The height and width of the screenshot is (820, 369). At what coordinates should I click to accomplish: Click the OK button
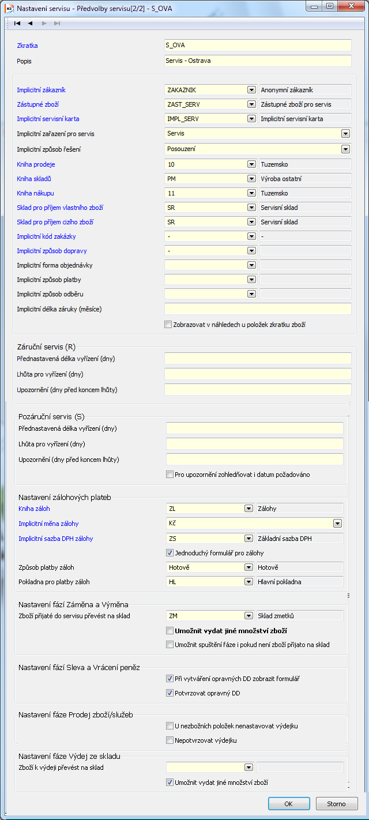pyautogui.click(x=288, y=803)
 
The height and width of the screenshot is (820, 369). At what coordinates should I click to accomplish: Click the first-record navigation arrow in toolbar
pyautogui.click(x=17, y=23)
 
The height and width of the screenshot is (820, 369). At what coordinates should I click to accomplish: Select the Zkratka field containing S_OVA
pyautogui.click(x=258, y=46)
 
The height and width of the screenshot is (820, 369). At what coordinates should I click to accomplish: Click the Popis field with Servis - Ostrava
pyautogui.click(x=258, y=61)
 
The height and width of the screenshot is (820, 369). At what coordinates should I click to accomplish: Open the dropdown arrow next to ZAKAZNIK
pyautogui.click(x=251, y=90)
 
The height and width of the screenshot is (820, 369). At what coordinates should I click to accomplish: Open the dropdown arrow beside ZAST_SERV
pyautogui.click(x=251, y=104)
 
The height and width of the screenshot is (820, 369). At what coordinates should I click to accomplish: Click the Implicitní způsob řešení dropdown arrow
pyautogui.click(x=345, y=149)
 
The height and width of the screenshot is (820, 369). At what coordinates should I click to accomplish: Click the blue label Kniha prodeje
pyautogui.click(x=36, y=164)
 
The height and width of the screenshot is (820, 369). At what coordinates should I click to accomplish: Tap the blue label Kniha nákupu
pyautogui.click(x=35, y=193)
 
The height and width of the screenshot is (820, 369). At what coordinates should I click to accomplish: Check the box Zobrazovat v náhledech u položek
pyautogui.click(x=168, y=325)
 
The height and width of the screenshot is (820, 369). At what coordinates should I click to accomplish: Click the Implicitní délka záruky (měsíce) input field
pyautogui.click(x=258, y=309)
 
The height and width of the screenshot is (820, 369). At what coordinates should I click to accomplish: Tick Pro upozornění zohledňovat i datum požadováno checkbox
pyautogui.click(x=170, y=475)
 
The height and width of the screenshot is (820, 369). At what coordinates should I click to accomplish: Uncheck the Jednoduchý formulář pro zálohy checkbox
pyautogui.click(x=170, y=552)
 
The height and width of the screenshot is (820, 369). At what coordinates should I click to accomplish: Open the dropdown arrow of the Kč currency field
pyautogui.click(x=337, y=524)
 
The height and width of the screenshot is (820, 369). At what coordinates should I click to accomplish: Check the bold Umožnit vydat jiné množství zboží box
pyautogui.click(x=170, y=631)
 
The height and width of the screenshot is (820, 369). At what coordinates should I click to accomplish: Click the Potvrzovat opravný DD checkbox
pyautogui.click(x=170, y=693)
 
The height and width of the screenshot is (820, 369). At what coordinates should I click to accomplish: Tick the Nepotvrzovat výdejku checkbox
pyautogui.click(x=170, y=740)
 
